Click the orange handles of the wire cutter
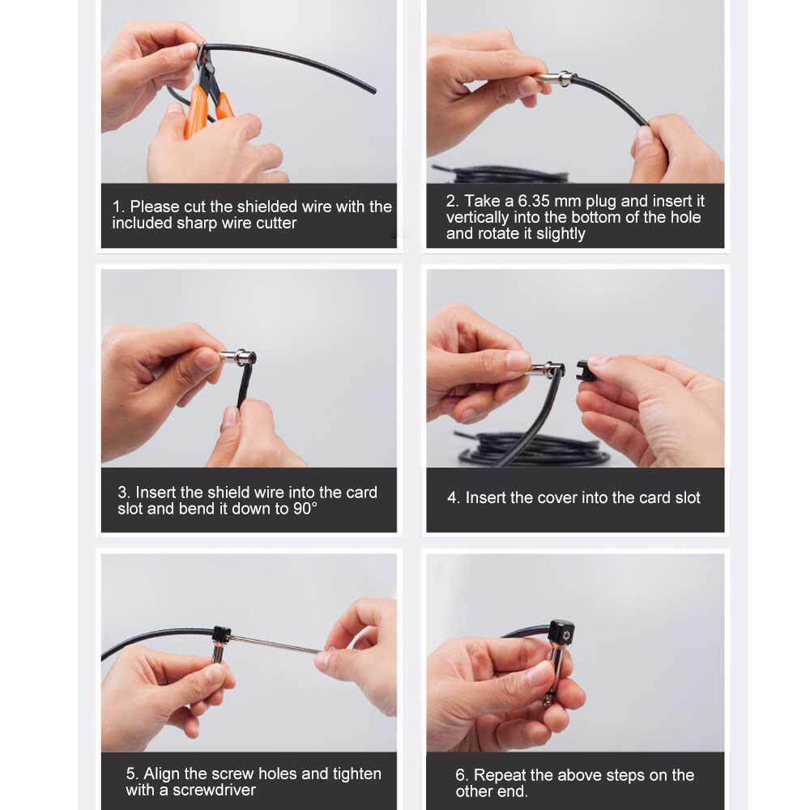[207, 109]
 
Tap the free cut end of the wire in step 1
[373, 92]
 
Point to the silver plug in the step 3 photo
[237, 357]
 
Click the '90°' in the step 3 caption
[305, 509]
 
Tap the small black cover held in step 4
[585, 370]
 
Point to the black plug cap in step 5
[221, 634]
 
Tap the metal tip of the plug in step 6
[548, 701]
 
